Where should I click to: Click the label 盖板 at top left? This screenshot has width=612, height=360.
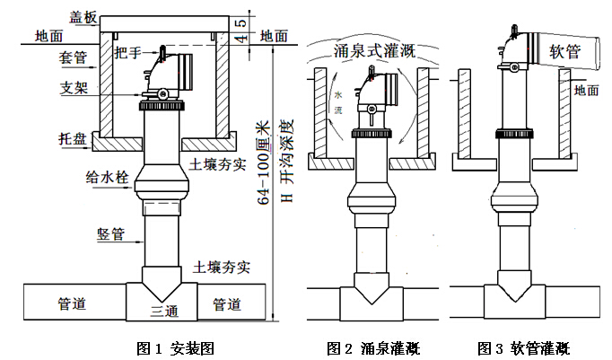coord(82,15)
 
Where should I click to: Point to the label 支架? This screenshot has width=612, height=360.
coord(74,89)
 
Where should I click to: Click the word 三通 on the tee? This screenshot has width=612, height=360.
coord(164,311)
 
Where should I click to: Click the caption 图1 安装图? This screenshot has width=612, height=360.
coord(174,347)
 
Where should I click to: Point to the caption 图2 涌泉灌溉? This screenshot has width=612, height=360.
coord(373,347)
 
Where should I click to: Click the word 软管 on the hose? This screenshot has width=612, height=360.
coord(566,53)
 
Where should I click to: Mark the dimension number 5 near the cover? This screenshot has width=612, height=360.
coord(240,22)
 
